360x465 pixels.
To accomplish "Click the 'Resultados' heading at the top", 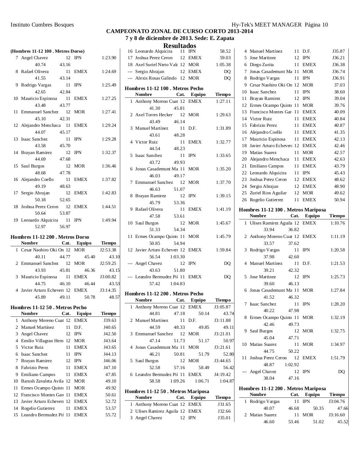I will point(180,46).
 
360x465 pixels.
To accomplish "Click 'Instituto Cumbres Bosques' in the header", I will point(42,25).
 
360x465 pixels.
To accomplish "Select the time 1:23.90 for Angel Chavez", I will point(109,58).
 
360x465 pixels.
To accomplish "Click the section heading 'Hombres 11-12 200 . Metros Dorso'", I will point(50,237).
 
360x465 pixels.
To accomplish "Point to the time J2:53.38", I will point(108,250).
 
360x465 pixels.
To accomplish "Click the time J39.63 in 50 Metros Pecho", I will point(110,320).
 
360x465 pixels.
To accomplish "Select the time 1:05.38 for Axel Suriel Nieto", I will point(223,65).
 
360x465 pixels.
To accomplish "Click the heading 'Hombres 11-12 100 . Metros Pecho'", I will point(164,88).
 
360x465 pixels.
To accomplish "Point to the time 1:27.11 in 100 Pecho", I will point(223,101).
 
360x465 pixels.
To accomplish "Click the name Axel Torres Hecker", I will point(154,115).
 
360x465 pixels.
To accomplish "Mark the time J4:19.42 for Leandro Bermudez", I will point(222,375).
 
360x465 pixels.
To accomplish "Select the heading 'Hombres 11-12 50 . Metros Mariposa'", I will point(167,391).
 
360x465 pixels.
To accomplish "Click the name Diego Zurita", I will point(261,65).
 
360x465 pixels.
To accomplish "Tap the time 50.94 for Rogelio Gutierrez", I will point(339,200).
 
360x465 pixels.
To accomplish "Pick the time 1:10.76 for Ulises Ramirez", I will point(337,223).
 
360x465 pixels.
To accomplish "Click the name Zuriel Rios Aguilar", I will point(268,193).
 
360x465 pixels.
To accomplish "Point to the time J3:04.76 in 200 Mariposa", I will point(336,401).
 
